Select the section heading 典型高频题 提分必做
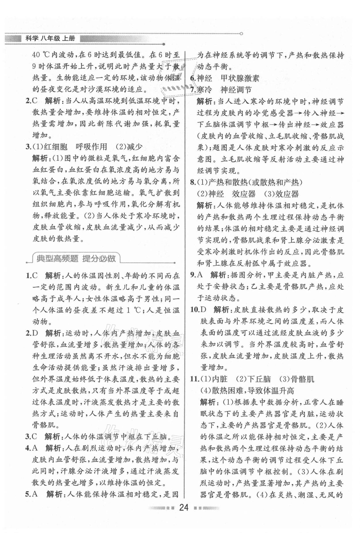coord(76,258)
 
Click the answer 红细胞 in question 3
coord(55,147)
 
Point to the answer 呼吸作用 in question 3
coord(91,147)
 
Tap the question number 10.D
coord(199,310)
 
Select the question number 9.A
coord(197,275)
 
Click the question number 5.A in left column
coord(32,494)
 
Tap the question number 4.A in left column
coord(32,448)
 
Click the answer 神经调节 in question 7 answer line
coord(236,90)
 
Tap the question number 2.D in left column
coord(32,333)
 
